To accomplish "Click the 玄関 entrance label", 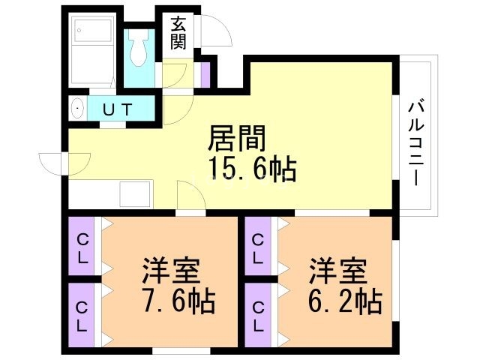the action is [178, 34].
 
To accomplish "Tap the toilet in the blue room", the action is [139, 46].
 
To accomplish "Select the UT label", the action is [118, 109].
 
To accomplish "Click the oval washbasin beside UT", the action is [78, 108].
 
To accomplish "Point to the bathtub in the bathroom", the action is [93, 28].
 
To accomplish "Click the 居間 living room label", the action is [237, 139].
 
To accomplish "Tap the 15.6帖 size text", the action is [252, 169].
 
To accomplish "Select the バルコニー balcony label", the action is [416, 144].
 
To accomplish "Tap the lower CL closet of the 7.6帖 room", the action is [82, 315].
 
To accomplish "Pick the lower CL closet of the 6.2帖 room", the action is [258, 315].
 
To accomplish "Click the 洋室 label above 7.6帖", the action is [172, 271].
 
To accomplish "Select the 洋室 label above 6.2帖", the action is [338, 271].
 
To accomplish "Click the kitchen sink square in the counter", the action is [135, 194].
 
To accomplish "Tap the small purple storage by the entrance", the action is [205, 74].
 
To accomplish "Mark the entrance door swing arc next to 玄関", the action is [216, 30].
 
